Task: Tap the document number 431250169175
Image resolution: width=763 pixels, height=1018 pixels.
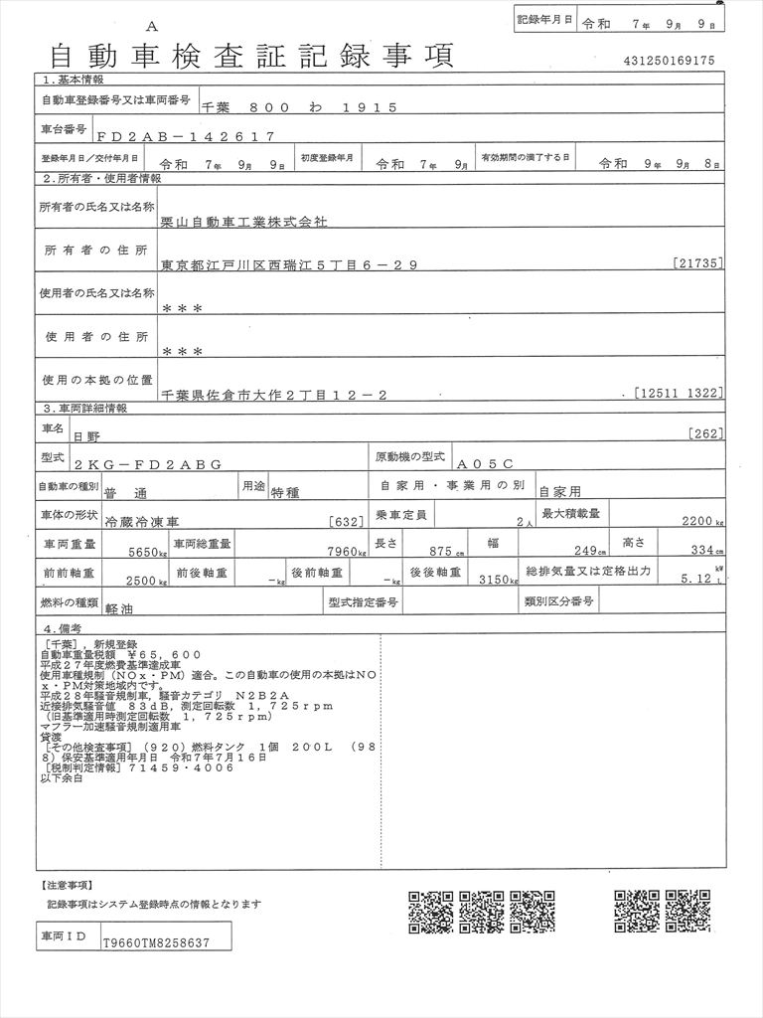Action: [669, 61]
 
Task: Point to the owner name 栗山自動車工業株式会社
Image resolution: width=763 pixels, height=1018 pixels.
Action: [243, 223]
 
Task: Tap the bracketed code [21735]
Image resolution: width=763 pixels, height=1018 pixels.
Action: [697, 263]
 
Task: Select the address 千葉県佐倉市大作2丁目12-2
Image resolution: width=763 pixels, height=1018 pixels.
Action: [274, 395]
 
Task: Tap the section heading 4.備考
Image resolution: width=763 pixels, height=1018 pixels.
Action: [63, 629]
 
